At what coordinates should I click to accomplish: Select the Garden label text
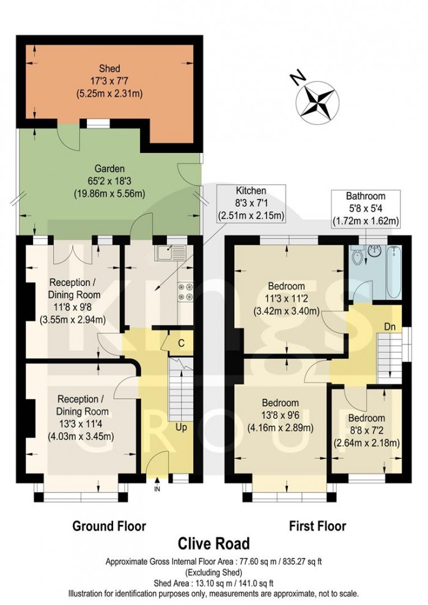tap(109, 181)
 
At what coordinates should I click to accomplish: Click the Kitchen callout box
tap(251, 202)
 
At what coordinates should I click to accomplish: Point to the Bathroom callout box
tap(365, 209)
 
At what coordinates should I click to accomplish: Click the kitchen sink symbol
tap(171, 251)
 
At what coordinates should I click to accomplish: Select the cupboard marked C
tap(180, 343)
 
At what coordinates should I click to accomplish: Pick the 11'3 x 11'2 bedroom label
tap(286, 298)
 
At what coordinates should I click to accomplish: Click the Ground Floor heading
tap(109, 525)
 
